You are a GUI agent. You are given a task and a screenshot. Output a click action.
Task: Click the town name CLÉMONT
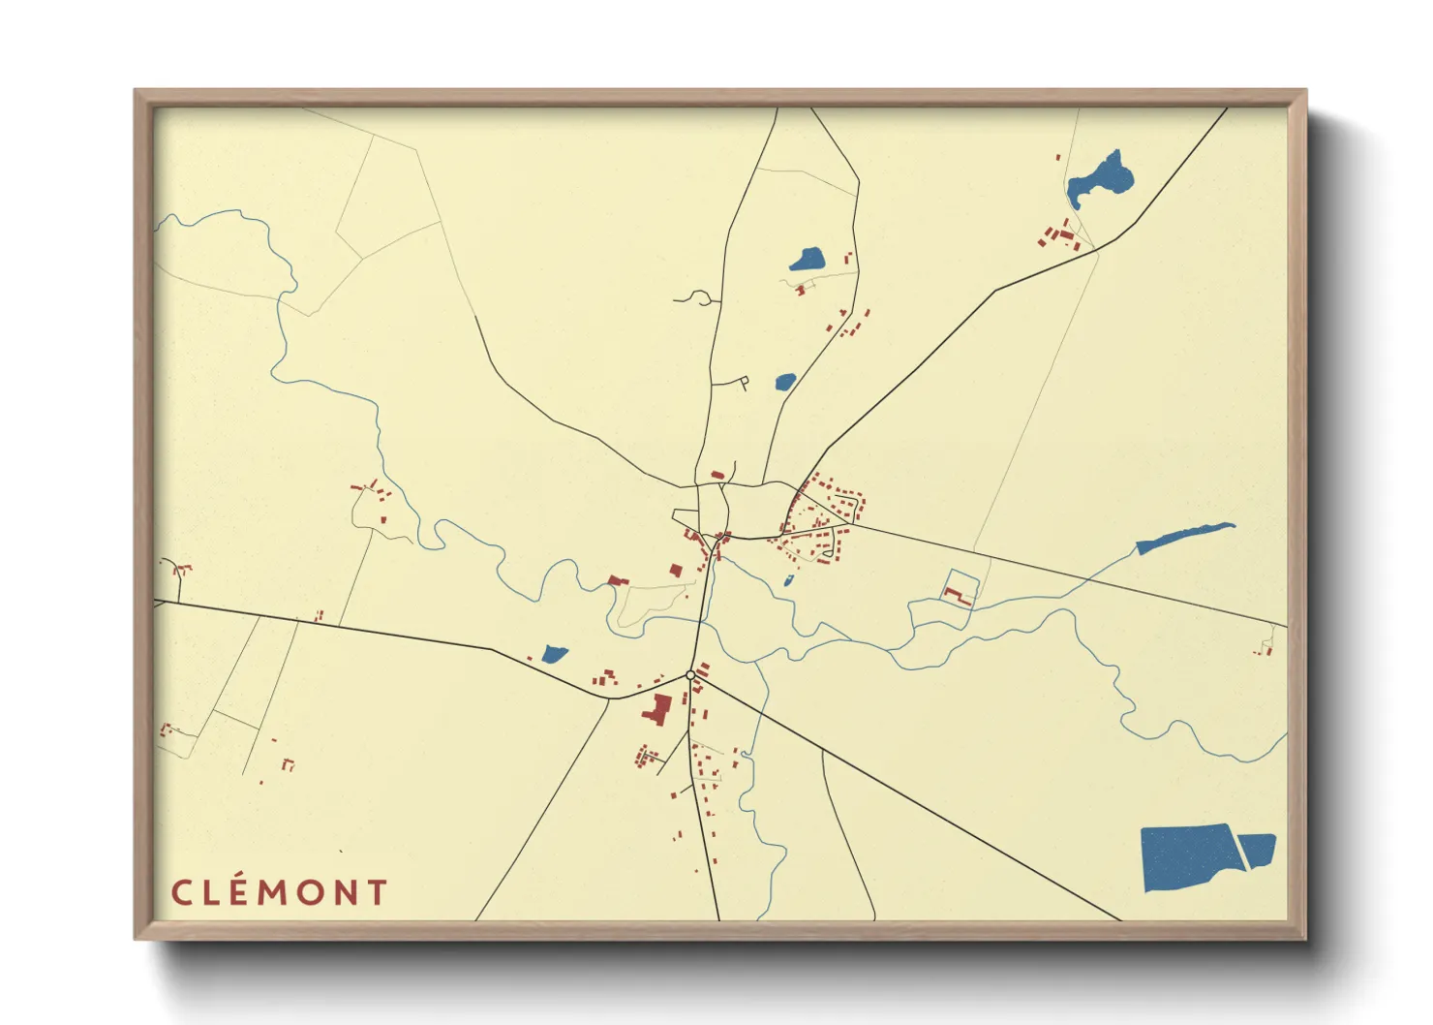(x=280, y=892)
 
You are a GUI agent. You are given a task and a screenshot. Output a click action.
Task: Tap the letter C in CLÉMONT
(x=181, y=892)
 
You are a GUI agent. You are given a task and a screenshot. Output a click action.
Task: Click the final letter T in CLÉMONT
(x=378, y=892)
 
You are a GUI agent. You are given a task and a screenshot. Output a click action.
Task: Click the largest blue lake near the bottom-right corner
(x=1189, y=856)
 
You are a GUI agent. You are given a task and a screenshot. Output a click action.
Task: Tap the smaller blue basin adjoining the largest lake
(x=1258, y=849)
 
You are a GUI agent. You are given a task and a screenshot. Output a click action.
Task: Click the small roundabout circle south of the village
(x=690, y=674)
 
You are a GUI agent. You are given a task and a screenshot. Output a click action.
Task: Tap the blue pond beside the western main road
(x=554, y=654)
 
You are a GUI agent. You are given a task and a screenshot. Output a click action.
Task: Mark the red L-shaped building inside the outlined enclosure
(x=961, y=596)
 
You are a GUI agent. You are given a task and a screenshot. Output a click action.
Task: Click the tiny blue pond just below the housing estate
(x=788, y=581)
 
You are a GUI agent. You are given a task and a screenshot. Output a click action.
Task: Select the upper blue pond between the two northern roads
(x=808, y=260)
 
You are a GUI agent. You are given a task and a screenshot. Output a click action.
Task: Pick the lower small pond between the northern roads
(x=785, y=382)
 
